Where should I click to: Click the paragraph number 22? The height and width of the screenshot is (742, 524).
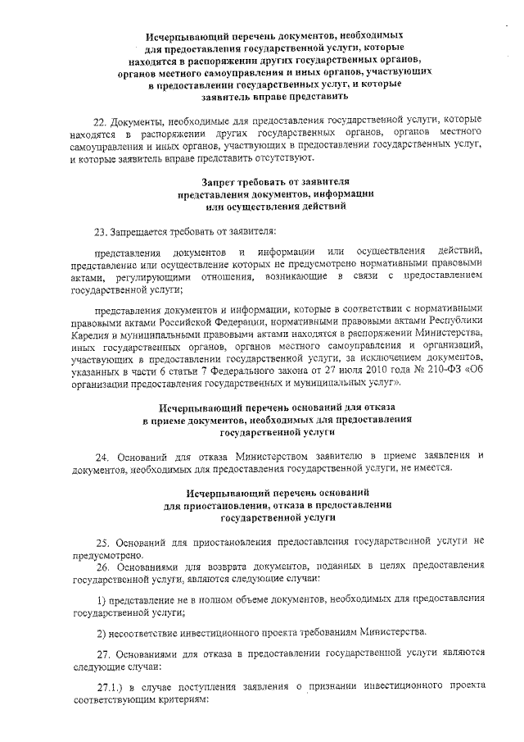[100, 120]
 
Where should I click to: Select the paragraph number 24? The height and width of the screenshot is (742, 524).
[101, 455]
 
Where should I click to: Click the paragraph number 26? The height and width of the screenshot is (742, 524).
[102, 567]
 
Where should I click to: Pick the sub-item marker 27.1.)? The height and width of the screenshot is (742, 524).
[110, 686]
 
